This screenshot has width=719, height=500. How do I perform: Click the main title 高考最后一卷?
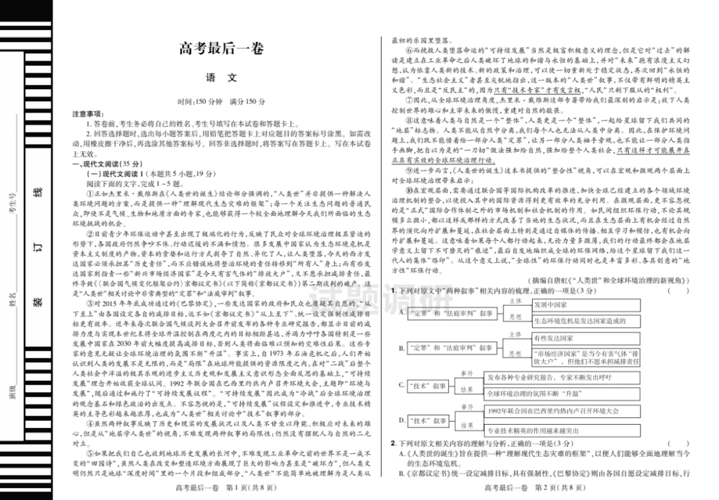[x=221, y=50]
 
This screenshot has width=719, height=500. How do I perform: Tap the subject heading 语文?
[x=221, y=77]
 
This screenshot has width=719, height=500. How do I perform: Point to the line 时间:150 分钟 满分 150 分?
[x=221, y=102]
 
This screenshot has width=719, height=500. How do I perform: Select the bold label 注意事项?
[x=89, y=115]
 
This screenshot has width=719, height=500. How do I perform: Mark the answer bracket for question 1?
[x=677, y=291]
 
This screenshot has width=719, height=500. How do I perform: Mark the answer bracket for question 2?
[x=677, y=443]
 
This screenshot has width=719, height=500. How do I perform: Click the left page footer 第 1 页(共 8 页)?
[x=221, y=489]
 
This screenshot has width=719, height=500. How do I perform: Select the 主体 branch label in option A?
[x=515, y=301]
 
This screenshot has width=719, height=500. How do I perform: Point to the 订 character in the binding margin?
[x=38, y=251]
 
